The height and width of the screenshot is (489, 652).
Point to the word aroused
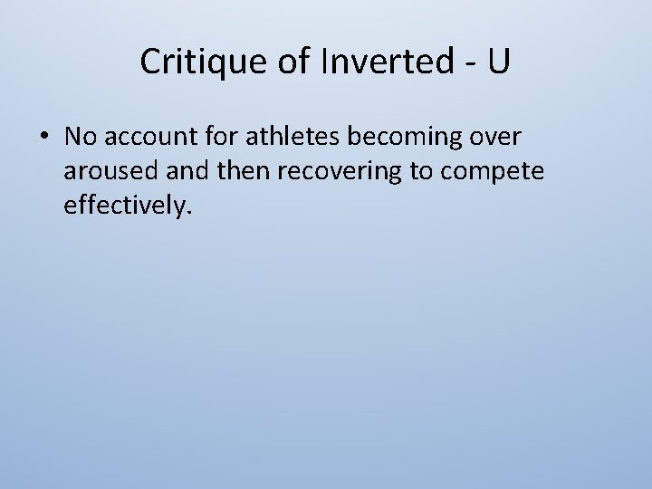pyautogui.click(x=101, y=173)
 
